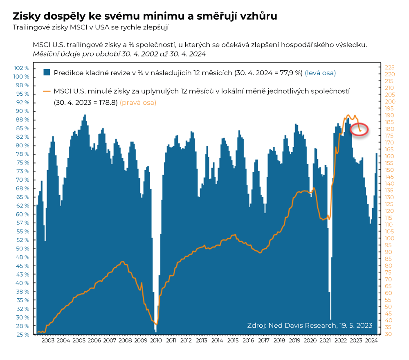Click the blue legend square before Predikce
[47, 73]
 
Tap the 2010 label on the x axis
[156, 340]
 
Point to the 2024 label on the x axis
[371, 340]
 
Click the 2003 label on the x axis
[48, 340]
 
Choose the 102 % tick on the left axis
[22, 68]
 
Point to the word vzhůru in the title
[258, 16]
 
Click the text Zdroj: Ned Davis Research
[292, 325]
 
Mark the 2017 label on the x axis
[263, 340]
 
